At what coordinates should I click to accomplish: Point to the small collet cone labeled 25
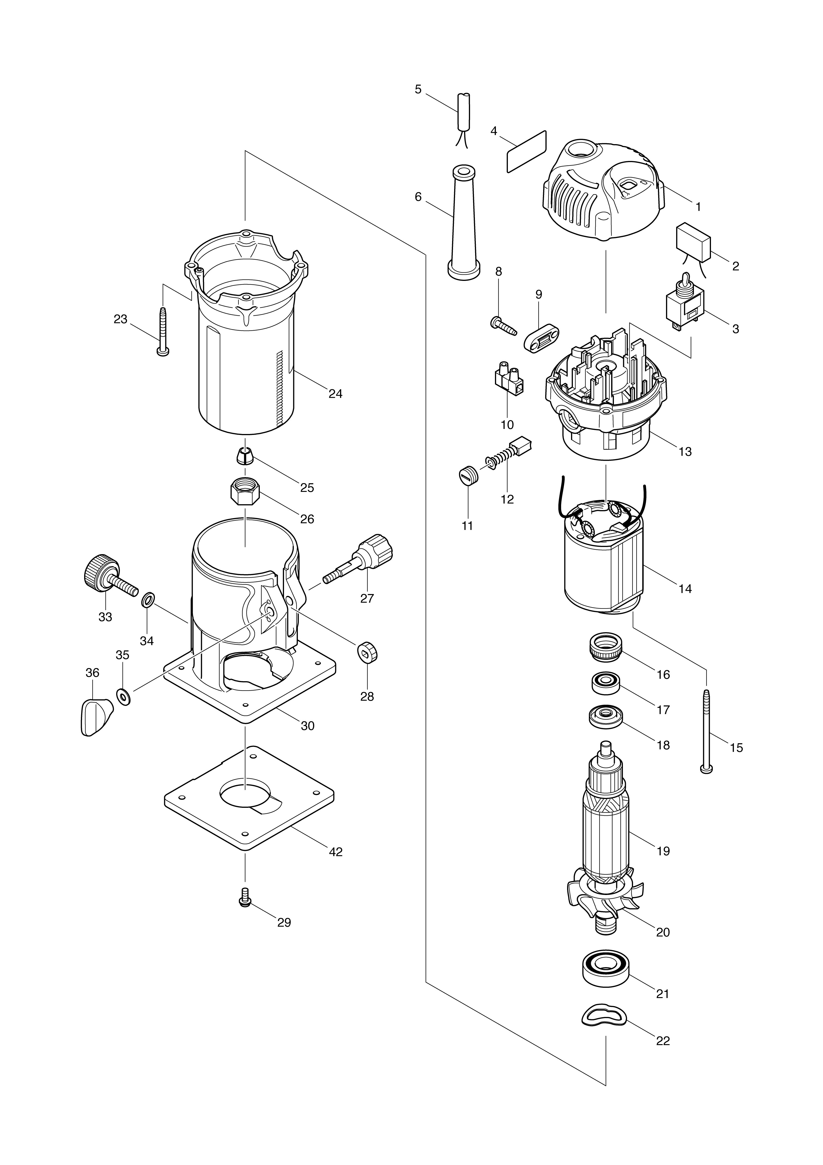[245, 456]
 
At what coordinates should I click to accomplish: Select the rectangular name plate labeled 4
[527, 152]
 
